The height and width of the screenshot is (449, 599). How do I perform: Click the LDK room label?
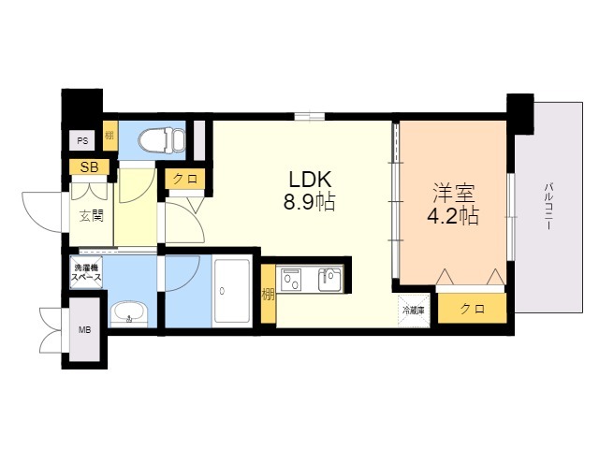309,180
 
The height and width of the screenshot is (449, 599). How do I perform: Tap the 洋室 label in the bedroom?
454,194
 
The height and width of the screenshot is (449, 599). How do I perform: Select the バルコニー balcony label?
549,206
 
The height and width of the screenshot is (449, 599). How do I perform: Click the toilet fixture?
162,139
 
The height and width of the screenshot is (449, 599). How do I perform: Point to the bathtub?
232,291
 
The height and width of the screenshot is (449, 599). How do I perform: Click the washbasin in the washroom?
129,314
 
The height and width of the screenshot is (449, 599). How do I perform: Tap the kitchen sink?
329,280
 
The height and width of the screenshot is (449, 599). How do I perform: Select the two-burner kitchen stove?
291,280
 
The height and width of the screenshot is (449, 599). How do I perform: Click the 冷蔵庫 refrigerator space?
414,311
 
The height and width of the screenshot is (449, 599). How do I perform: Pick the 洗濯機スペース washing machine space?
87,272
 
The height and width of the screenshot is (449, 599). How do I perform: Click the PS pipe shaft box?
82,141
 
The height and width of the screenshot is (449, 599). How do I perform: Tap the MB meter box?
85,329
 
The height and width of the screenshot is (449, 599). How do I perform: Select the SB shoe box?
89,167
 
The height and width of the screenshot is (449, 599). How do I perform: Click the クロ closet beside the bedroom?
472,309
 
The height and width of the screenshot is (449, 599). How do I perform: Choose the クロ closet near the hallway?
185,179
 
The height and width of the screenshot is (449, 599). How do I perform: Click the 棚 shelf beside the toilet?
110,136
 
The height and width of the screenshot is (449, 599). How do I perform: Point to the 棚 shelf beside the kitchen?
269,295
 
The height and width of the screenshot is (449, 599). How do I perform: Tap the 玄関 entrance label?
92,216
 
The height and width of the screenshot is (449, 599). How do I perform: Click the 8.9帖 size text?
309,202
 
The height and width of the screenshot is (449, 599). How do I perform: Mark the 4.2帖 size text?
453,216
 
